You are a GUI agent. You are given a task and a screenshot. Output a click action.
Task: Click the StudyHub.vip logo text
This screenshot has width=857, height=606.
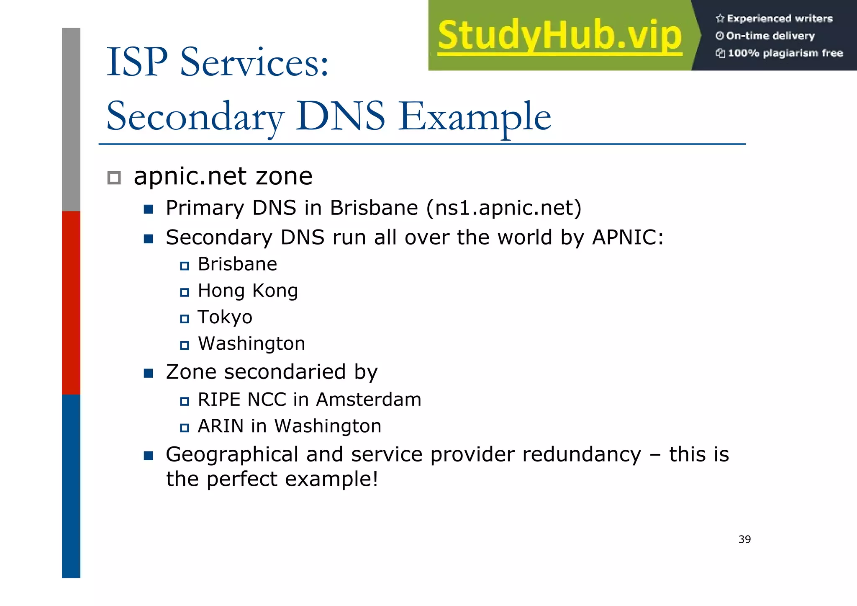tap(560, 35)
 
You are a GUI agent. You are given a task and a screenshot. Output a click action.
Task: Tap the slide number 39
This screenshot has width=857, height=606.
tap(744, 539)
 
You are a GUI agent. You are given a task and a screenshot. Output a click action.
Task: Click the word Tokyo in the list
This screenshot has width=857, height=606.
tap(225, 317)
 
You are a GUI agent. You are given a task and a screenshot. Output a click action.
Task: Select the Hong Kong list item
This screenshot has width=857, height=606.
tap(248, 291)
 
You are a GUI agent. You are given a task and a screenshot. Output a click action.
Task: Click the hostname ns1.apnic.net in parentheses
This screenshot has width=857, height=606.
tap(504, 208)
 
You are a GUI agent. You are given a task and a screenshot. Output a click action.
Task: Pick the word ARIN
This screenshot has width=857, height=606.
tap(221, 426)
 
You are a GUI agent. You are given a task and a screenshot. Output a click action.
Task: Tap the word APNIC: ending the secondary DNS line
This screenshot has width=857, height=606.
tap(628, 237)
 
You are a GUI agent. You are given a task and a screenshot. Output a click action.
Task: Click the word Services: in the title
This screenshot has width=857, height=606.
tap(254, 63)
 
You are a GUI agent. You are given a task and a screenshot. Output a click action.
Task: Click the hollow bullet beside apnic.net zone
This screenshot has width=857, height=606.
tap(114, 178)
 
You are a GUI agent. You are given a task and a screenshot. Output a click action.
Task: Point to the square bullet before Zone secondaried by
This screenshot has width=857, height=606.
tap(148, 373)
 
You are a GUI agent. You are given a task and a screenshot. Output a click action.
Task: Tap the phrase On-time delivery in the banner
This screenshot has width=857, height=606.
tap(770, 36)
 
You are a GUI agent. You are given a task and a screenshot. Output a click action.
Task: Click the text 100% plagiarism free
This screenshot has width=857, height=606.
tap(785, 53)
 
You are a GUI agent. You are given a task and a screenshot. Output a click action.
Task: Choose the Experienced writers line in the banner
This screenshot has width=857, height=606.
tap(779, 18)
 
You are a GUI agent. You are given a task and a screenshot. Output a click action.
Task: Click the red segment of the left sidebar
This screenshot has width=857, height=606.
tap(71, 302)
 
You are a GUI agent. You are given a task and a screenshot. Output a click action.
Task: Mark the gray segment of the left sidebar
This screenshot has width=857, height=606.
tap(71, 119)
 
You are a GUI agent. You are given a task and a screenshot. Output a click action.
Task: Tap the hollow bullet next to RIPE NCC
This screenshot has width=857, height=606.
tap(184, 401)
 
